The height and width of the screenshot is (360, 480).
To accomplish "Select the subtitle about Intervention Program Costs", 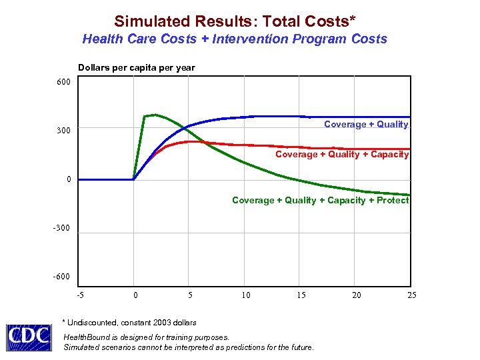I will click(x=235, y=39).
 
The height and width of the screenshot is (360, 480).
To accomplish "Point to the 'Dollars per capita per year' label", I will click(x=136, y=68).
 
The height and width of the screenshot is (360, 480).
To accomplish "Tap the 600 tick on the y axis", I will click(x=62, y=82).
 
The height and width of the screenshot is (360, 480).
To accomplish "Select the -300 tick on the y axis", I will click(x=61, y=228).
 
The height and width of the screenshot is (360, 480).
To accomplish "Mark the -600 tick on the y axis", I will click(x=61, y=277).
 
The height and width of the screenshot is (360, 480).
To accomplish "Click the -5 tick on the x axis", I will click(x=80, y=295).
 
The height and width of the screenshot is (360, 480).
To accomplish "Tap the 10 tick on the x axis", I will click(x=246, y=295).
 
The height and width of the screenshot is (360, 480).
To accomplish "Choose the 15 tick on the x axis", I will click(x=301, y=295).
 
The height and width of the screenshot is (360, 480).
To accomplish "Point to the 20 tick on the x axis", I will click(x=357, y=295).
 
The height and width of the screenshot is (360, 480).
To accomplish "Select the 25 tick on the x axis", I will click(x=411, y=295).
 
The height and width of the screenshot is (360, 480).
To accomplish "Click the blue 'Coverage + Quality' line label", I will click(x=366, y=125).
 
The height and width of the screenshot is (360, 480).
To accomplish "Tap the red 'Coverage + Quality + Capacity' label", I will click(x=342, y=155).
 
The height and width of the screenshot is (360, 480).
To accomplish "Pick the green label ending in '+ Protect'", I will click(x=320, y=200).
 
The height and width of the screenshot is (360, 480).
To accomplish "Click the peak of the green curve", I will click(x=155, y=115).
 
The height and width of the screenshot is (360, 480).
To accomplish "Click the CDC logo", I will click(x=29, y=337).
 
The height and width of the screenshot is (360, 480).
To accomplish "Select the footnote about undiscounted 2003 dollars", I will click(x=129, y=323).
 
